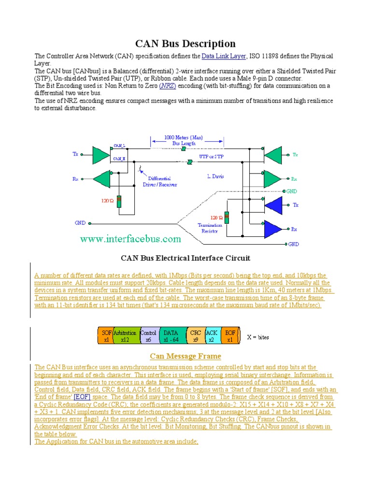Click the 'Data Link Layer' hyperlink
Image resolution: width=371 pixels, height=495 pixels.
(224, 57)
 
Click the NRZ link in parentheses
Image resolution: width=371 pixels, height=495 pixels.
(168, 86)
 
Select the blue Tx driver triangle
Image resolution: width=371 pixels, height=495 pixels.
(273, 205)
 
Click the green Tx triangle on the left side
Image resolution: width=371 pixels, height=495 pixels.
(101, 155)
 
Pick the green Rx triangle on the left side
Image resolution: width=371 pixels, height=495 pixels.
(101, 179)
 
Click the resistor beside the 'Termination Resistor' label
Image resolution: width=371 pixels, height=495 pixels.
(227, 218)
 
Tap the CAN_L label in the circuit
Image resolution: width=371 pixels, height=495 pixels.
(119, 145)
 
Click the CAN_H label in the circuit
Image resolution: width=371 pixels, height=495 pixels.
(119, 158)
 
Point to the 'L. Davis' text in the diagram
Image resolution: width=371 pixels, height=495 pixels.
(216, 177)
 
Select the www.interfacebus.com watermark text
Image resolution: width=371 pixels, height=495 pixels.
(130, 239)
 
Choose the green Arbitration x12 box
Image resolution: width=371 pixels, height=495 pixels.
(125, 336)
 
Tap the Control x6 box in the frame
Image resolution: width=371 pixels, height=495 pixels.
(148, 336)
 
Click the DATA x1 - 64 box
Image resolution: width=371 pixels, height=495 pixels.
(171, 336)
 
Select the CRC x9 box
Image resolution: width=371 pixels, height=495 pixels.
(195, 336)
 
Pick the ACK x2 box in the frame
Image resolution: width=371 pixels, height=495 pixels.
(212, 336)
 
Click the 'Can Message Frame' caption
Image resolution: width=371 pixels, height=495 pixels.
(185, 356)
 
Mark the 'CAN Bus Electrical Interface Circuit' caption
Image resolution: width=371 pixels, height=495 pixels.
(185, 259)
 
